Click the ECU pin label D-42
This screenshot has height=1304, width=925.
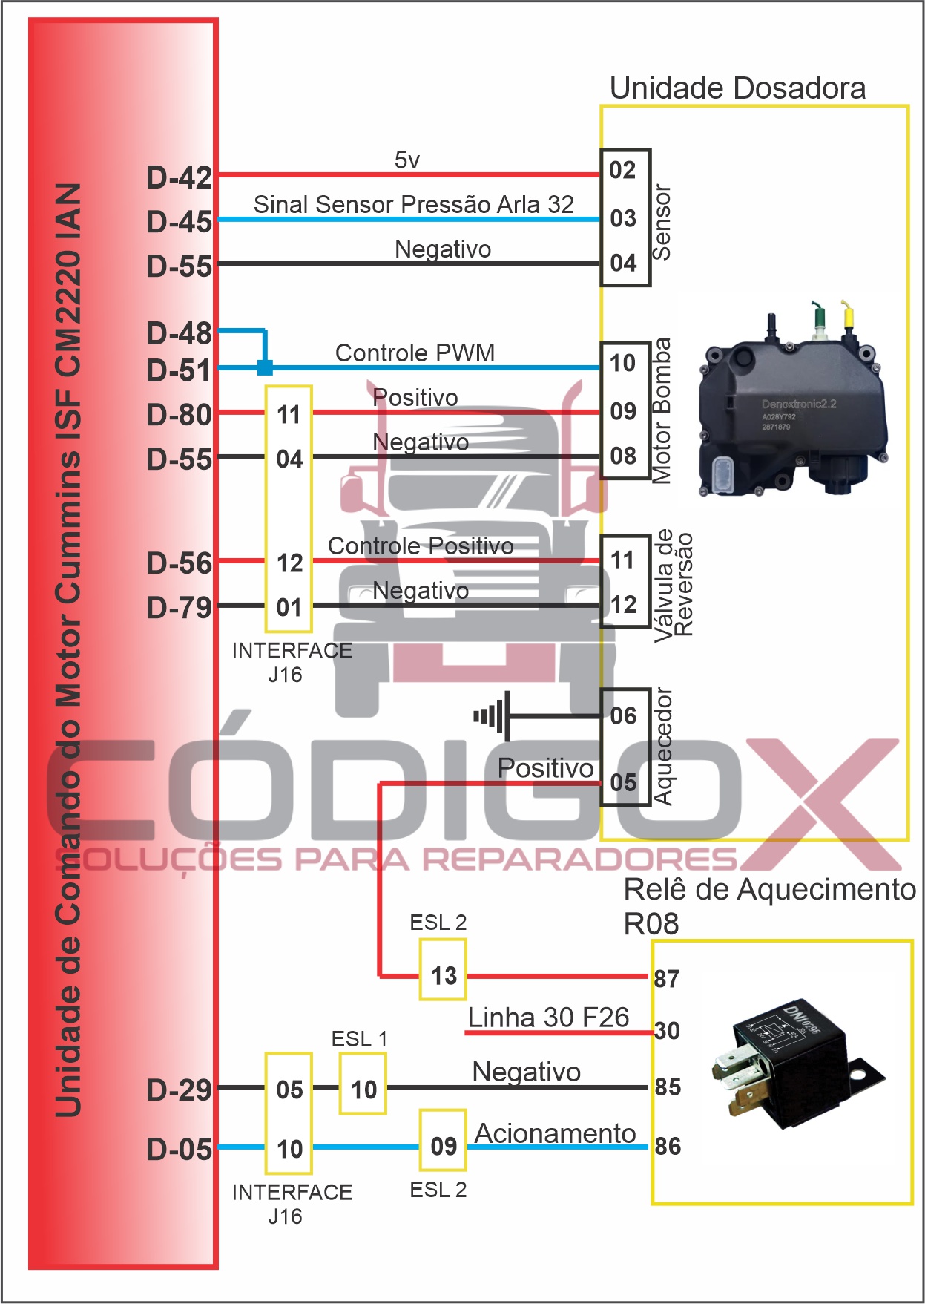pyautogui.click(x=179, y=178)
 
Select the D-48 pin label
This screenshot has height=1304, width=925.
pyautogui.click(x=179, y=334)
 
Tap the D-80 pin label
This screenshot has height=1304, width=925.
pyautogui.click(x=179, y=415)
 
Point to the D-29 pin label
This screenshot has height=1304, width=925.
pyautogui.click(x=179, y=1090)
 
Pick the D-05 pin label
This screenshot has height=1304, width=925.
pyautogui.click(x=179, y=1150)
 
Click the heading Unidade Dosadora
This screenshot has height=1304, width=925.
pyautogui.click(x=737, y=88)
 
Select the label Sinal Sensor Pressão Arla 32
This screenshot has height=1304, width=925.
pyautogui.click(x=413, y=204)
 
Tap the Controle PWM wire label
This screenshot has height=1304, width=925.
pyautogui.click(x=415, y=353)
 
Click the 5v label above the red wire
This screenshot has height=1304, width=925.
pyautogui.click(x=406, y=160)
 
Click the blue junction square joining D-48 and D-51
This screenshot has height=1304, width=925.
pyautogui.click(x=265, y=367)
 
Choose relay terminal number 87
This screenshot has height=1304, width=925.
pyautogui.click(x=666, y=979)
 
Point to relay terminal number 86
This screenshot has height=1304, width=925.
pyautogui.click(x=667, y=1147)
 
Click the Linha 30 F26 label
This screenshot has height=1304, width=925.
pyautogui.click(x=548, y=1018)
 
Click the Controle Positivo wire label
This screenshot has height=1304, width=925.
pyautogui.click(x=421, y=546)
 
